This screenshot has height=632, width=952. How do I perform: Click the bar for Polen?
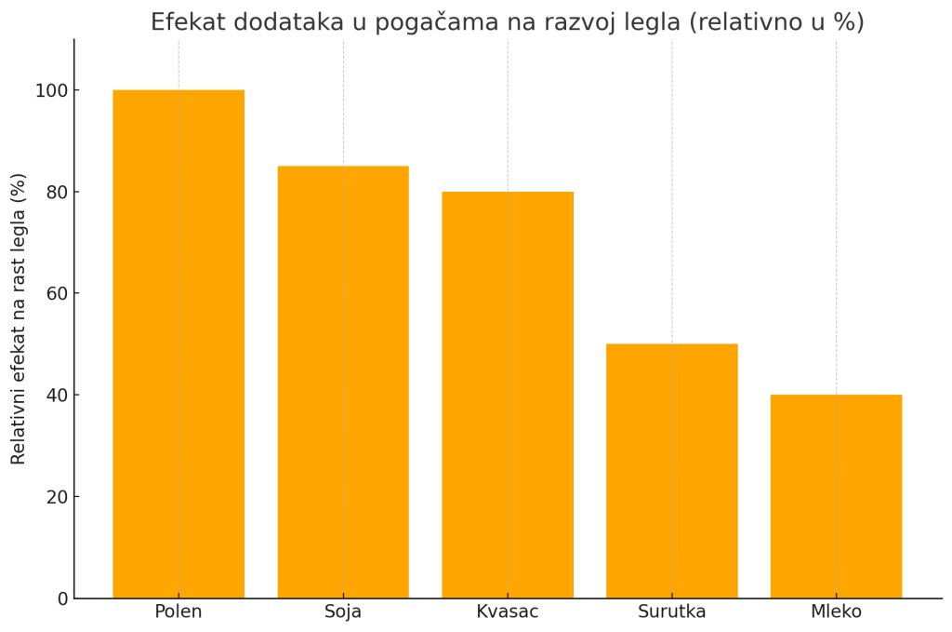click(178, 344)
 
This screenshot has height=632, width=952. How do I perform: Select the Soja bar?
click(343, 382)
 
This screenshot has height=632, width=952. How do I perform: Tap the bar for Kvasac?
click(508, 395)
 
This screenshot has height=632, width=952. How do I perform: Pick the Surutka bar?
click(672, 471)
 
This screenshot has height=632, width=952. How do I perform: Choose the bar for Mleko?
click(836, 496)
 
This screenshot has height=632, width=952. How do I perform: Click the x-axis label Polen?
click(178, 612)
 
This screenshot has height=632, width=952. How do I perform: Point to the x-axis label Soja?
click(343, 612)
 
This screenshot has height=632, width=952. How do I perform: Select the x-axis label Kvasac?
click(508, 612)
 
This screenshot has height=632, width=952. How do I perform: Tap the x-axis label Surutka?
click(672, 612)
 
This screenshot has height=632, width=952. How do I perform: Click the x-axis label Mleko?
click(836, 612)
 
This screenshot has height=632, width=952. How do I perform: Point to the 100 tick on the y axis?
click(51, 90)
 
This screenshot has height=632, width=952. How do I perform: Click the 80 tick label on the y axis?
click(57, 192)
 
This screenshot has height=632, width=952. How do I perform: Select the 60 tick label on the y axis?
click(57, 293)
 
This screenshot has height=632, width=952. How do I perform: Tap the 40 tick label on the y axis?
click(57, 395)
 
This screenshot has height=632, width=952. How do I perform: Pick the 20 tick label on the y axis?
click(57, 496)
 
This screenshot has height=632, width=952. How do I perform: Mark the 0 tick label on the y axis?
click(62, 598)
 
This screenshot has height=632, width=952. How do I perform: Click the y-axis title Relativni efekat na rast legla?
click(19, 318)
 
